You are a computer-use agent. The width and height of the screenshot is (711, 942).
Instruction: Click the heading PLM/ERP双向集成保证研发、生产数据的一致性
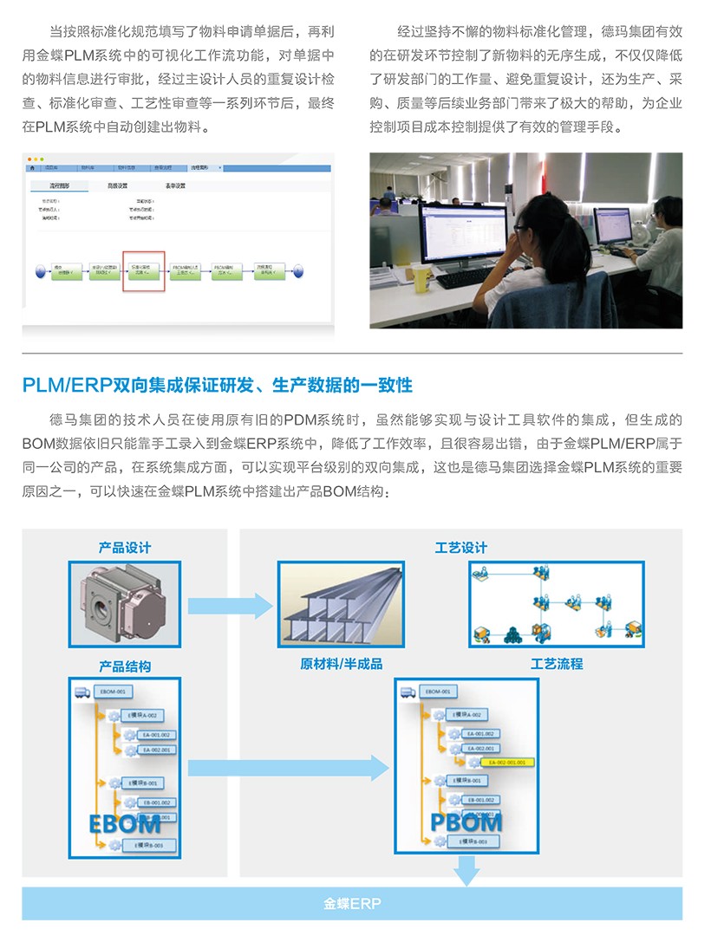pyautogui.click(x=217, y=384)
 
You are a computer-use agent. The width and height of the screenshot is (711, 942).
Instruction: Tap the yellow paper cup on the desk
pyautogui.click(x=421, y=276)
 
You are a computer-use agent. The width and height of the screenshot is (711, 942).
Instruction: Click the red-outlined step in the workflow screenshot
pyautogui.click(x=142, y=271)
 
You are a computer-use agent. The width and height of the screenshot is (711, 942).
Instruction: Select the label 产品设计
pyautogui.click(x=124, y=548)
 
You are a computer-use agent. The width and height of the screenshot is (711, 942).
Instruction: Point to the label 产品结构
pyautogui.click(x=124, y=666)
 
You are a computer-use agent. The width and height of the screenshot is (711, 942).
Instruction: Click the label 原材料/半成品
pyautogui.click(x=341, y=665)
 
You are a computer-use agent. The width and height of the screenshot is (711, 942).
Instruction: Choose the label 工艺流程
pyautogui.click(x=556, y=665)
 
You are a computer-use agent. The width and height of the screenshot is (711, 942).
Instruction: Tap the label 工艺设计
pyautogui.click(x=460, y=548)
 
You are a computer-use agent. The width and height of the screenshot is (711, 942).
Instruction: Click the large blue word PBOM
pyautogui.click(x=466, y=822)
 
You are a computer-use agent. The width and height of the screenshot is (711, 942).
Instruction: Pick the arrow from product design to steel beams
pyautogui.click(x=228, y=604)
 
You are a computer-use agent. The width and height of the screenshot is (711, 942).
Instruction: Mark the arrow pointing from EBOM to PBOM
pyautogui.click(x=287, y=767)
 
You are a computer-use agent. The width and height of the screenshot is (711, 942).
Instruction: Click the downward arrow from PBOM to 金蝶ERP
pyautogui.click(x=466, y=869)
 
